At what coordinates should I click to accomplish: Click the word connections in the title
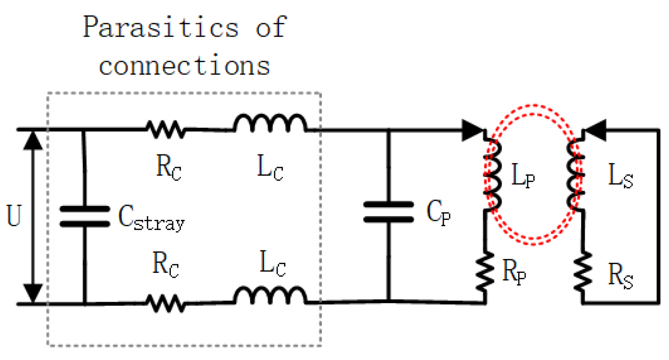click(x=184, y=65)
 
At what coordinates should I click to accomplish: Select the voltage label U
click(x=14, y=218)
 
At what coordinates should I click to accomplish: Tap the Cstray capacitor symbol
click(x=84, y=216)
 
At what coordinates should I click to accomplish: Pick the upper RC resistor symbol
click(x=165, y=129)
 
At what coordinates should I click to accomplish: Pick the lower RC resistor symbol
click(x=165, y=304)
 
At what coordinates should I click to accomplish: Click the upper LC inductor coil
click(x=270, y=124)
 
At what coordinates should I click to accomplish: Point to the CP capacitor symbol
click(x=388, y=212)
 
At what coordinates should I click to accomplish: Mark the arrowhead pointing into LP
click(x=473, y=130)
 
